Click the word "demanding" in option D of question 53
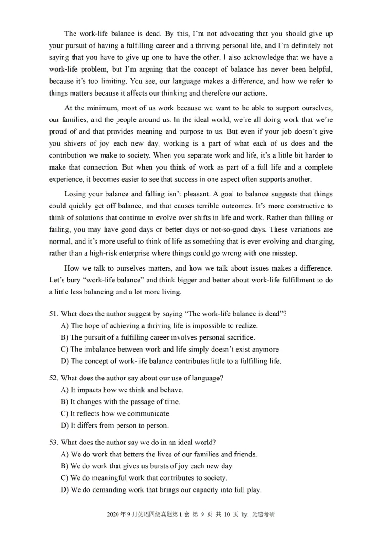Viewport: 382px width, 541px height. (106, 490)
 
